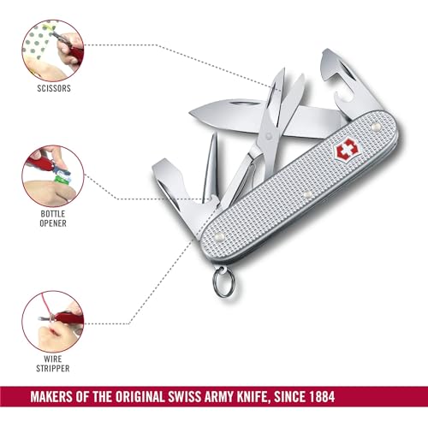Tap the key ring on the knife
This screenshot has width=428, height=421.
pos(223,282)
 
